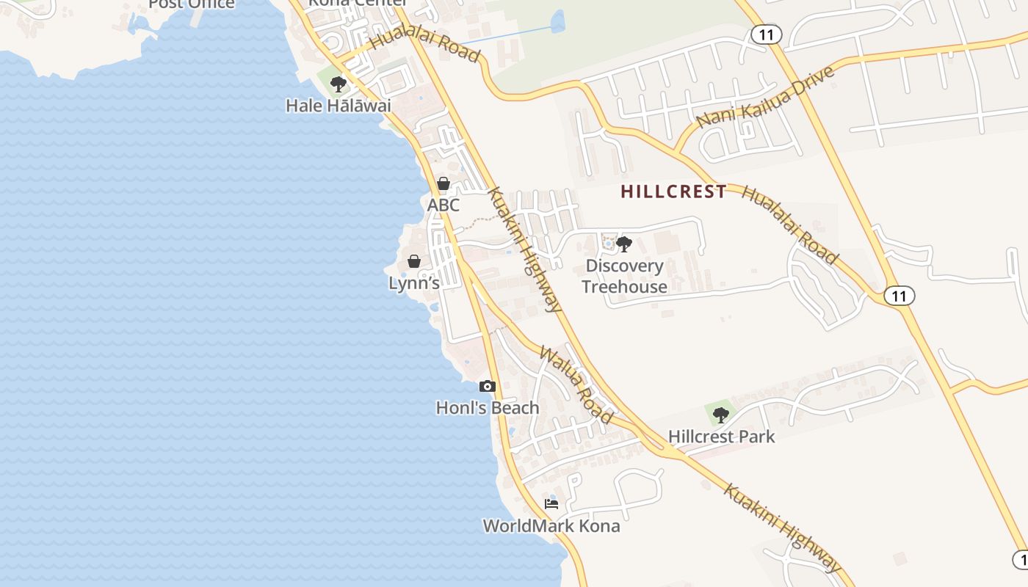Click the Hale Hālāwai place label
coord(338,106)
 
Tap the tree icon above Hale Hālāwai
coord(338,84)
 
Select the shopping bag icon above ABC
coord(444,183)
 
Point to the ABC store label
coord(444,205)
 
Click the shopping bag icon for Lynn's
coord(414,261)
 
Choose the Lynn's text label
coord(414,283)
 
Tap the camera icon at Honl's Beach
coord(487,386)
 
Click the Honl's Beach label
coord(488,408)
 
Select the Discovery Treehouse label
coord(624,276)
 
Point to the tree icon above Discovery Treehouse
coord(623,244)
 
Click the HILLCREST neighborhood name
coord(673,192)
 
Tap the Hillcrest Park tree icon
coord(721,415)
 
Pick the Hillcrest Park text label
coord(721,437)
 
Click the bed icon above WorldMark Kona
coord(551,504)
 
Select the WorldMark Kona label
coord(551,526)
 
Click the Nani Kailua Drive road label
coord(766,96)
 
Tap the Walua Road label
coord(576,384)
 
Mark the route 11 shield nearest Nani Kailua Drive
coord(767,34)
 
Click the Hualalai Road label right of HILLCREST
coord(789,225)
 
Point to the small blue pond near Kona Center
coord(558,22)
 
